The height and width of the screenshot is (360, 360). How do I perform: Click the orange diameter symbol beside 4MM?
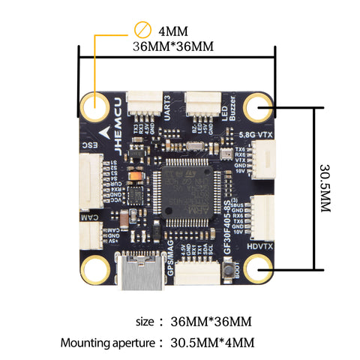click(142, 31)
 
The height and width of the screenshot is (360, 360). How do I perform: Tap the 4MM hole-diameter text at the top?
click(173, 31)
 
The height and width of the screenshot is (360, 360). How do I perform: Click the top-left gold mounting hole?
click(95, 107)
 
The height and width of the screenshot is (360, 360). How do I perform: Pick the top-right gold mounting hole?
click(259, 107)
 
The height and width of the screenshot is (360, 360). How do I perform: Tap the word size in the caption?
click(144, 322)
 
